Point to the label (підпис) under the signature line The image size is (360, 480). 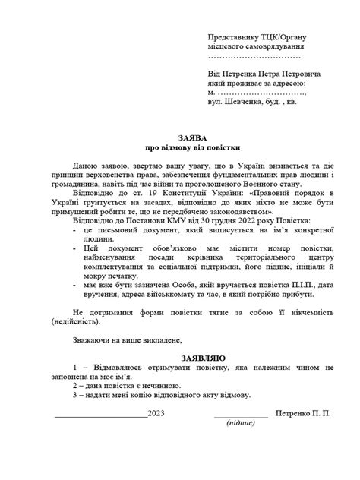click(x=241, y=423)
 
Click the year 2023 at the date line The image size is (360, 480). click(x=156, y=414)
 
